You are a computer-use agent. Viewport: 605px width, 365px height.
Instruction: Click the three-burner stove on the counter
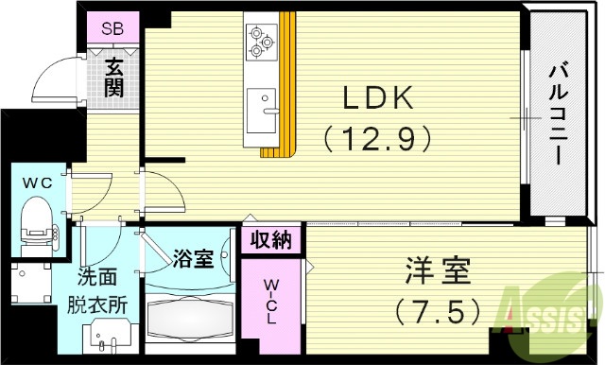[260, 39]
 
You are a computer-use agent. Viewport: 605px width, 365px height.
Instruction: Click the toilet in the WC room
[37, 216]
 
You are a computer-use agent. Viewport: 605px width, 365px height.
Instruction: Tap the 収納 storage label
[271, 240]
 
